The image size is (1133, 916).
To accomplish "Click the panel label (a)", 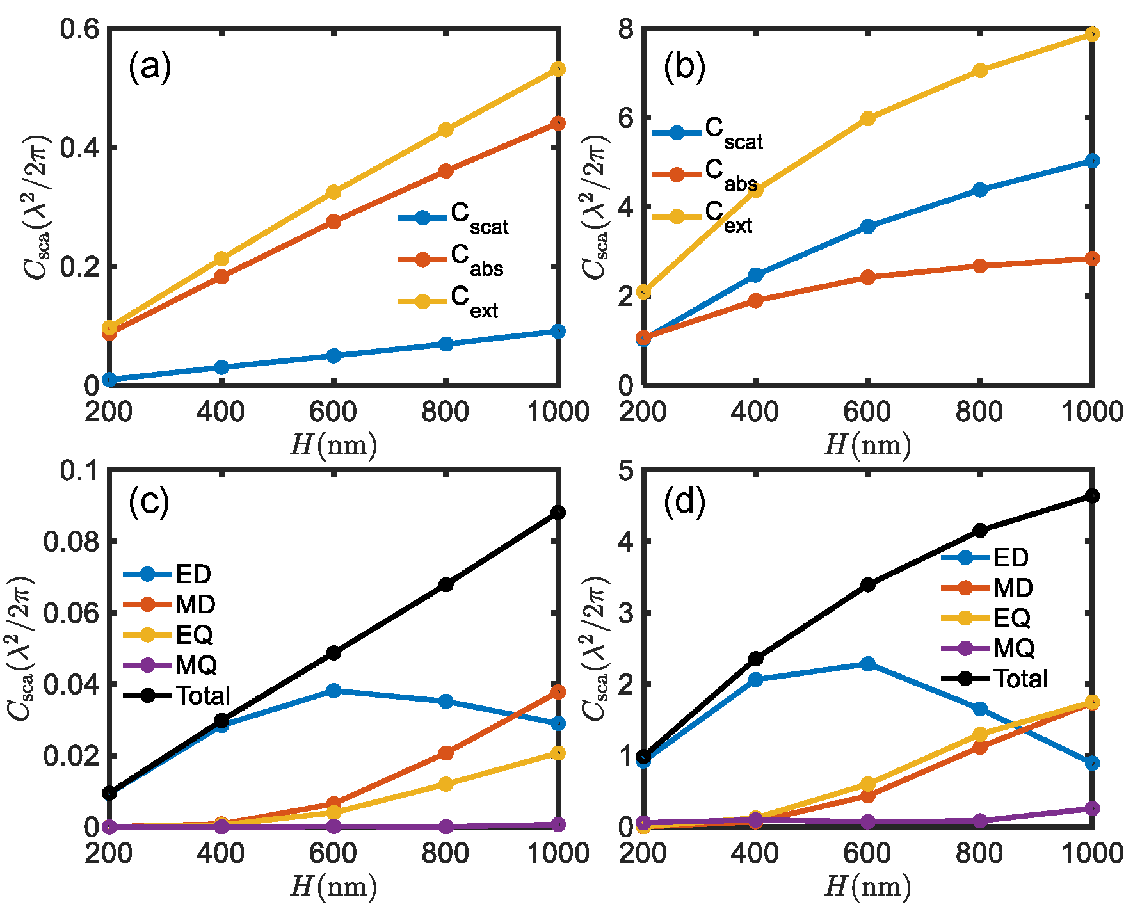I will pyautogui.click(x=150, y=67).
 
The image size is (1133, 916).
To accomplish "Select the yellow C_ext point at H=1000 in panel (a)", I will pyautogui.click(x=558, y=69).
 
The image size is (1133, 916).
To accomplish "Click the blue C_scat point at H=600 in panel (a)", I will pyautogui.click(x=333, y=355).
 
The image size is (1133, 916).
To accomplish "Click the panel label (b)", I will pyautogui.click(x=684, y=67).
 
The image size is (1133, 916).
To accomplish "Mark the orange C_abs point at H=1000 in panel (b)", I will pyautogui.click(x=1093, y=259).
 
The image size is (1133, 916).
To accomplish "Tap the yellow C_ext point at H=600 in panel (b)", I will pyautogui.click(x=868, y=118).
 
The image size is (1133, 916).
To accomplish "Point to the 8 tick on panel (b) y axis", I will pyautogui.click(x=625, y=29).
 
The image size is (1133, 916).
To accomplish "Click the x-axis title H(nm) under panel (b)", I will pyautogui.click(x=867, y=445).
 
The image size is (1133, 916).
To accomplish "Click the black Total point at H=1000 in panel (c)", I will pyautogui.click(x=558, y=512).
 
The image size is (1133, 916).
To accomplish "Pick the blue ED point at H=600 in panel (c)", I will pyautogui.click(x=333, y=691).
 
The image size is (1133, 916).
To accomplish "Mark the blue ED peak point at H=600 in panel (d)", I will pyautogui.click(x=868, y=664).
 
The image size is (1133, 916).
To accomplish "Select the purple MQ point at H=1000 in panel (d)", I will pyautogui.click(x=1093, y=808).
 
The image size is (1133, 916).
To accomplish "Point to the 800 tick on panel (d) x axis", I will pyautogui.click(x=979, y=853).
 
